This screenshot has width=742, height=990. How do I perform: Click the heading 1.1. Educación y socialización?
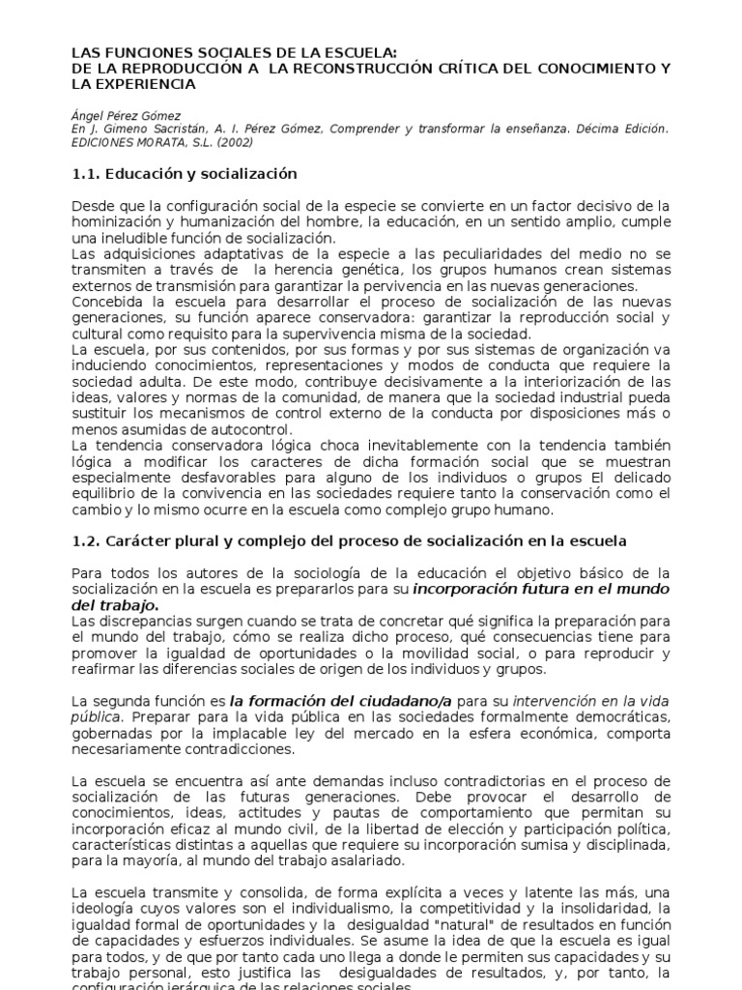185,174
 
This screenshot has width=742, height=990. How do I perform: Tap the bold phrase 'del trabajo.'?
110,605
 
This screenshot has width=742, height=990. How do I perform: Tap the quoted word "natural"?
434,925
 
